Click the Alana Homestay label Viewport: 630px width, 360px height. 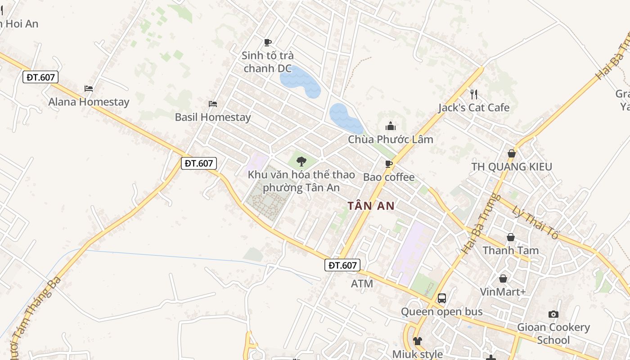89,102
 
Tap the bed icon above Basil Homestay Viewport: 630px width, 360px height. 213,104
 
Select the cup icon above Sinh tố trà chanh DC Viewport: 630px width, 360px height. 268,43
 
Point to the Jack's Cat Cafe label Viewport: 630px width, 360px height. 474,108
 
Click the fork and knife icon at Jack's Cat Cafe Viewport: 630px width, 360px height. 473,94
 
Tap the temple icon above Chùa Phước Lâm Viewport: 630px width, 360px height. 391,126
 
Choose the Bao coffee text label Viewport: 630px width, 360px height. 389,177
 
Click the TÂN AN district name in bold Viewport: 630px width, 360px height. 371,206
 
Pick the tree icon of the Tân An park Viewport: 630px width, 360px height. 301,161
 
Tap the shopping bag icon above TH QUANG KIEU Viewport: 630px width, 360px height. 511,153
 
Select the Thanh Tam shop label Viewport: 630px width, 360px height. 510,250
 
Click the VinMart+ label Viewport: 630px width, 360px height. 503,292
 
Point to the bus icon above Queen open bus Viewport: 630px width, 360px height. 442,298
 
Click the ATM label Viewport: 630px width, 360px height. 362,284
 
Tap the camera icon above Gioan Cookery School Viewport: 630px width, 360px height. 553,314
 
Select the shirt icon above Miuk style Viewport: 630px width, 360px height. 418,341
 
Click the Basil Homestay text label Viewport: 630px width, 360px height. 213,117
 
